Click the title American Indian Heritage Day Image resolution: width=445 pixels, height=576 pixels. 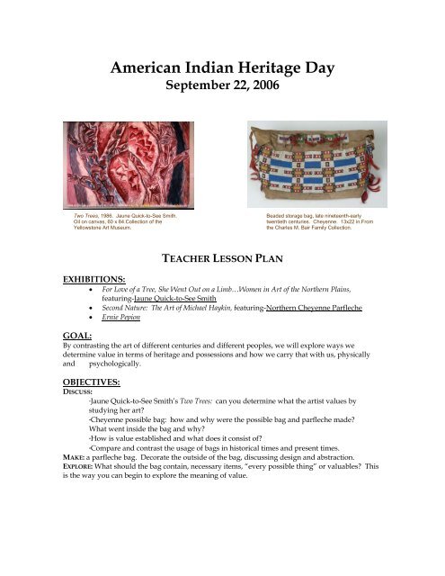point(222,68)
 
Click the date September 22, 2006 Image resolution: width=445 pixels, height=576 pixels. point(222,89)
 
